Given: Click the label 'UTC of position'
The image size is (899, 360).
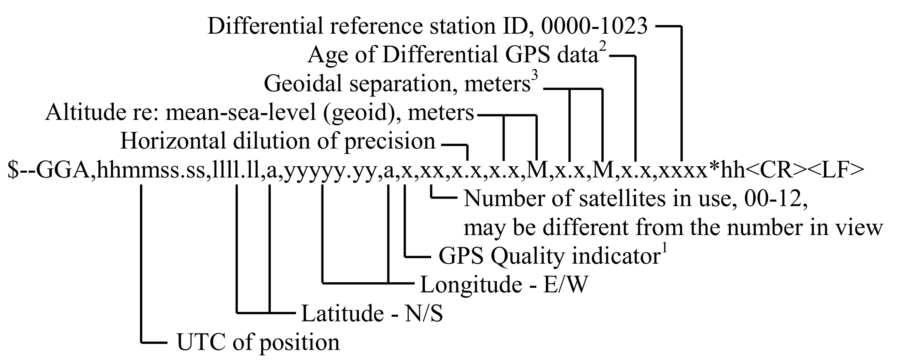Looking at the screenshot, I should [258, 342].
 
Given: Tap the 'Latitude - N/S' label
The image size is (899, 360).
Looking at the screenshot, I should [372, 313].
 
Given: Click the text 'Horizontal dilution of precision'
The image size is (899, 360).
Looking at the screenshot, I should [278, 141].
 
